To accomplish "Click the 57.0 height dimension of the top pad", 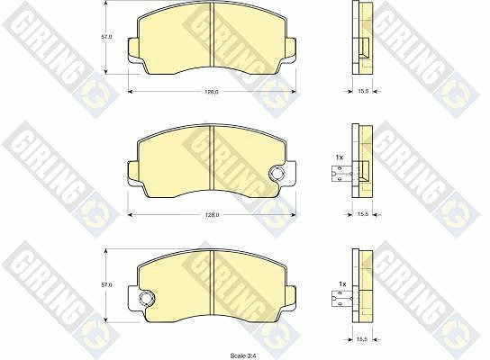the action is [x=106, y=37].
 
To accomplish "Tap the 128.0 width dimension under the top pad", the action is [x=212, y=92].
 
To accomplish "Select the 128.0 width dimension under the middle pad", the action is [x=212, y=215].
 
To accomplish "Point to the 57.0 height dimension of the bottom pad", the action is [x=106, y=284].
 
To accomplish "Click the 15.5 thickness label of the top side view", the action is [x=363, y=91].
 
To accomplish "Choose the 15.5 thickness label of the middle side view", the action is [x=363, y=214].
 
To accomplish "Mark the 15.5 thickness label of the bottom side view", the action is [x=362, y=339].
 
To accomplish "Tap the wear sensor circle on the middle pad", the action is [x=277, y=174].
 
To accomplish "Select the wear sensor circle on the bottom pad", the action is [x=146, y=299].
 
